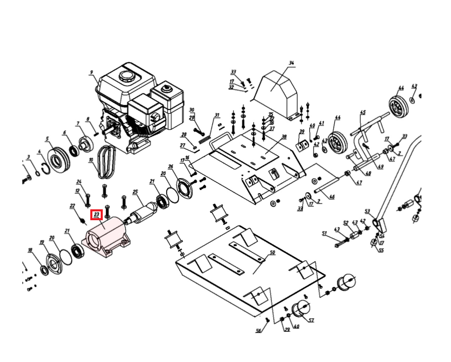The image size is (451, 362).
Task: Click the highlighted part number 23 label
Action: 96,214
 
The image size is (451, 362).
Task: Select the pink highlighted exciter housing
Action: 106,237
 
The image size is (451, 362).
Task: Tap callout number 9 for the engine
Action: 91,72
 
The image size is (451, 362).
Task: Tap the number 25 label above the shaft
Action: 135,192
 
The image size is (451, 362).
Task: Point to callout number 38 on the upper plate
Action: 284,137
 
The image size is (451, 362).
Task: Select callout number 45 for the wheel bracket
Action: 363,112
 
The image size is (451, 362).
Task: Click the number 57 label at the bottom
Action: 311,320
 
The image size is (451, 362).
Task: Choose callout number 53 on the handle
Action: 367,211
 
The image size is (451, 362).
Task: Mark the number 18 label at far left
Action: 30,250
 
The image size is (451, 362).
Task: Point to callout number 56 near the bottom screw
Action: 258,330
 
